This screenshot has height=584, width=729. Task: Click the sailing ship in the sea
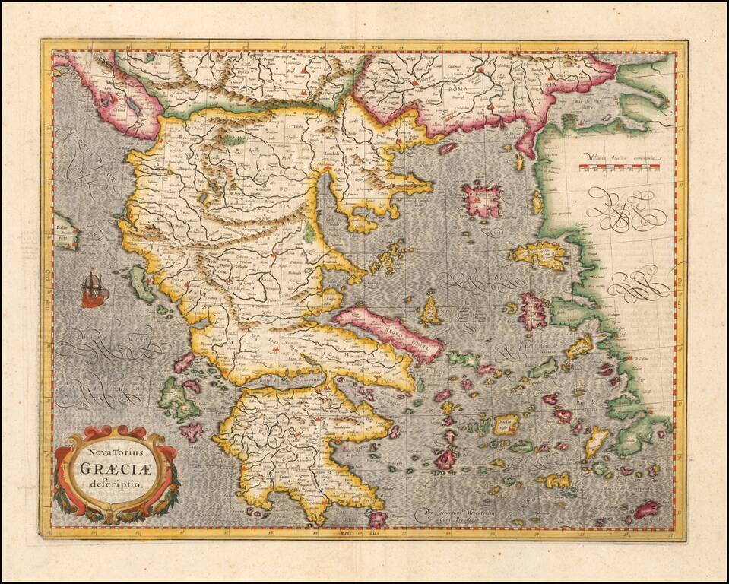point(94,288)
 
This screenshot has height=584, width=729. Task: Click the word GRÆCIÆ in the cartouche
point(116,468)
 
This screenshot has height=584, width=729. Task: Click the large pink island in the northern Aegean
point(483,199)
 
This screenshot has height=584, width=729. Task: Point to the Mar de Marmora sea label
point(583,102)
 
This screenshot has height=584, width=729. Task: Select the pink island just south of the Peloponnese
point(377,519)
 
